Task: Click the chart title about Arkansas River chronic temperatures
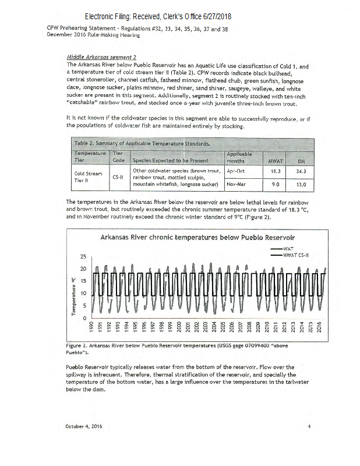[x=197, y=237]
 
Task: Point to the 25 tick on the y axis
[x=82, y=256]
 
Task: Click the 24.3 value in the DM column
[x=301, y=172]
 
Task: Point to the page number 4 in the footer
[x=309, y=426]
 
